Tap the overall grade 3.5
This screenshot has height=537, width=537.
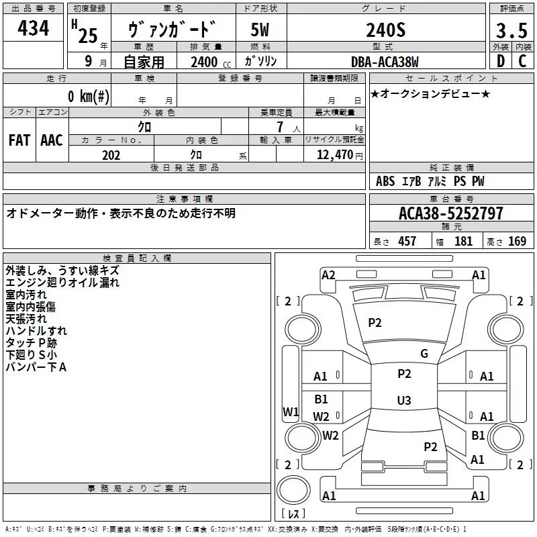point(510,31)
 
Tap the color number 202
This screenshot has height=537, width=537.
point(111,155)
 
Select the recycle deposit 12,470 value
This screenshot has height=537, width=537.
point(334,155)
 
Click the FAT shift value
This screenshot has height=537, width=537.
point(19,140)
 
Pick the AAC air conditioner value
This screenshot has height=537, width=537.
point(52,140)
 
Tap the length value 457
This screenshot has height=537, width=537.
point(407,241)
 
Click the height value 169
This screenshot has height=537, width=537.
point(517,241)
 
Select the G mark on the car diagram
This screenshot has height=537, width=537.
point(424,354)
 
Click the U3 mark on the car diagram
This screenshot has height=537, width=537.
point(403,401)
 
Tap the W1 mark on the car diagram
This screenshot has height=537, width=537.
point(290,412)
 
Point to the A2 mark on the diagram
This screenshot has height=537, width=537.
point(328,275)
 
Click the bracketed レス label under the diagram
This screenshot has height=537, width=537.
point(293,514)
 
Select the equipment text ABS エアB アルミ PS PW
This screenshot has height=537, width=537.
point(430,181)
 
